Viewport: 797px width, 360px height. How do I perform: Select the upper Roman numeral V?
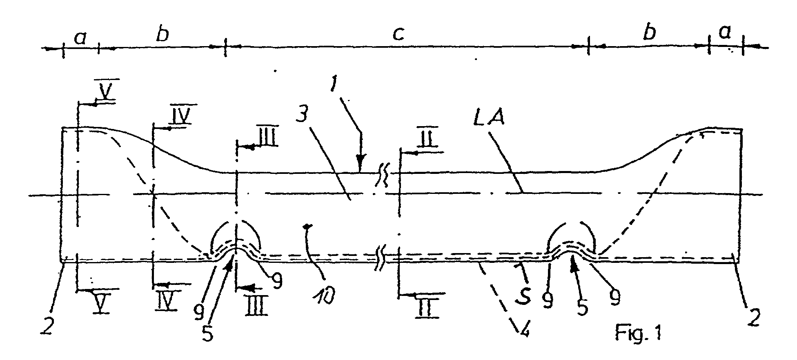tap(104, 93)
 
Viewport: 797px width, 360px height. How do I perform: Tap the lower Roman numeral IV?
tap(166, 301)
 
